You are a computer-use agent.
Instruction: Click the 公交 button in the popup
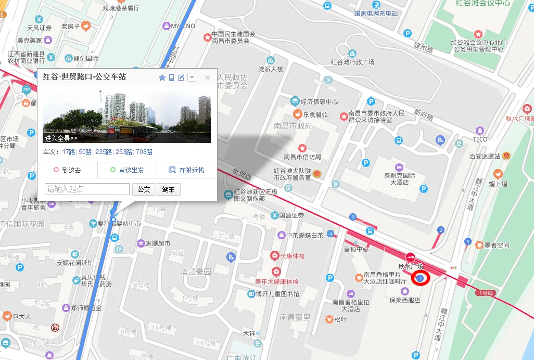coord(144,189)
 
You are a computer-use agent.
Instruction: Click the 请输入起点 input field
coord(87,189)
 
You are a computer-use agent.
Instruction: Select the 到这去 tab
coord(67,170)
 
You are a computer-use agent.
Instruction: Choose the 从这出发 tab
coord(126,170)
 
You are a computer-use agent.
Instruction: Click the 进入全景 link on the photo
coord(61,138)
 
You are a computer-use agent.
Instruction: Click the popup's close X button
coord(207,78)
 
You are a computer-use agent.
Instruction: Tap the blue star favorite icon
coord(162,78)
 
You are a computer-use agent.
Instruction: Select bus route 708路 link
coord(144,152)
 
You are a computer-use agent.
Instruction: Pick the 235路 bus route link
coord(104,152)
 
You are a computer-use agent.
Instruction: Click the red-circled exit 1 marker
coord(421,279)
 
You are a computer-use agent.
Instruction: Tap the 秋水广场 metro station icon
coord(411,256)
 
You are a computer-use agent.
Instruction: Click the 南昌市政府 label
coord(293,126)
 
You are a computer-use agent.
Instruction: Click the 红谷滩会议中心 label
coord(482,3)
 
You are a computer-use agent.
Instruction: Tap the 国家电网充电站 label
coord(376,14)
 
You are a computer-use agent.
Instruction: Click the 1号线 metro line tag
coord(487,293)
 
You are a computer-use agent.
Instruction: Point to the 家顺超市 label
coord(157,243)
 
